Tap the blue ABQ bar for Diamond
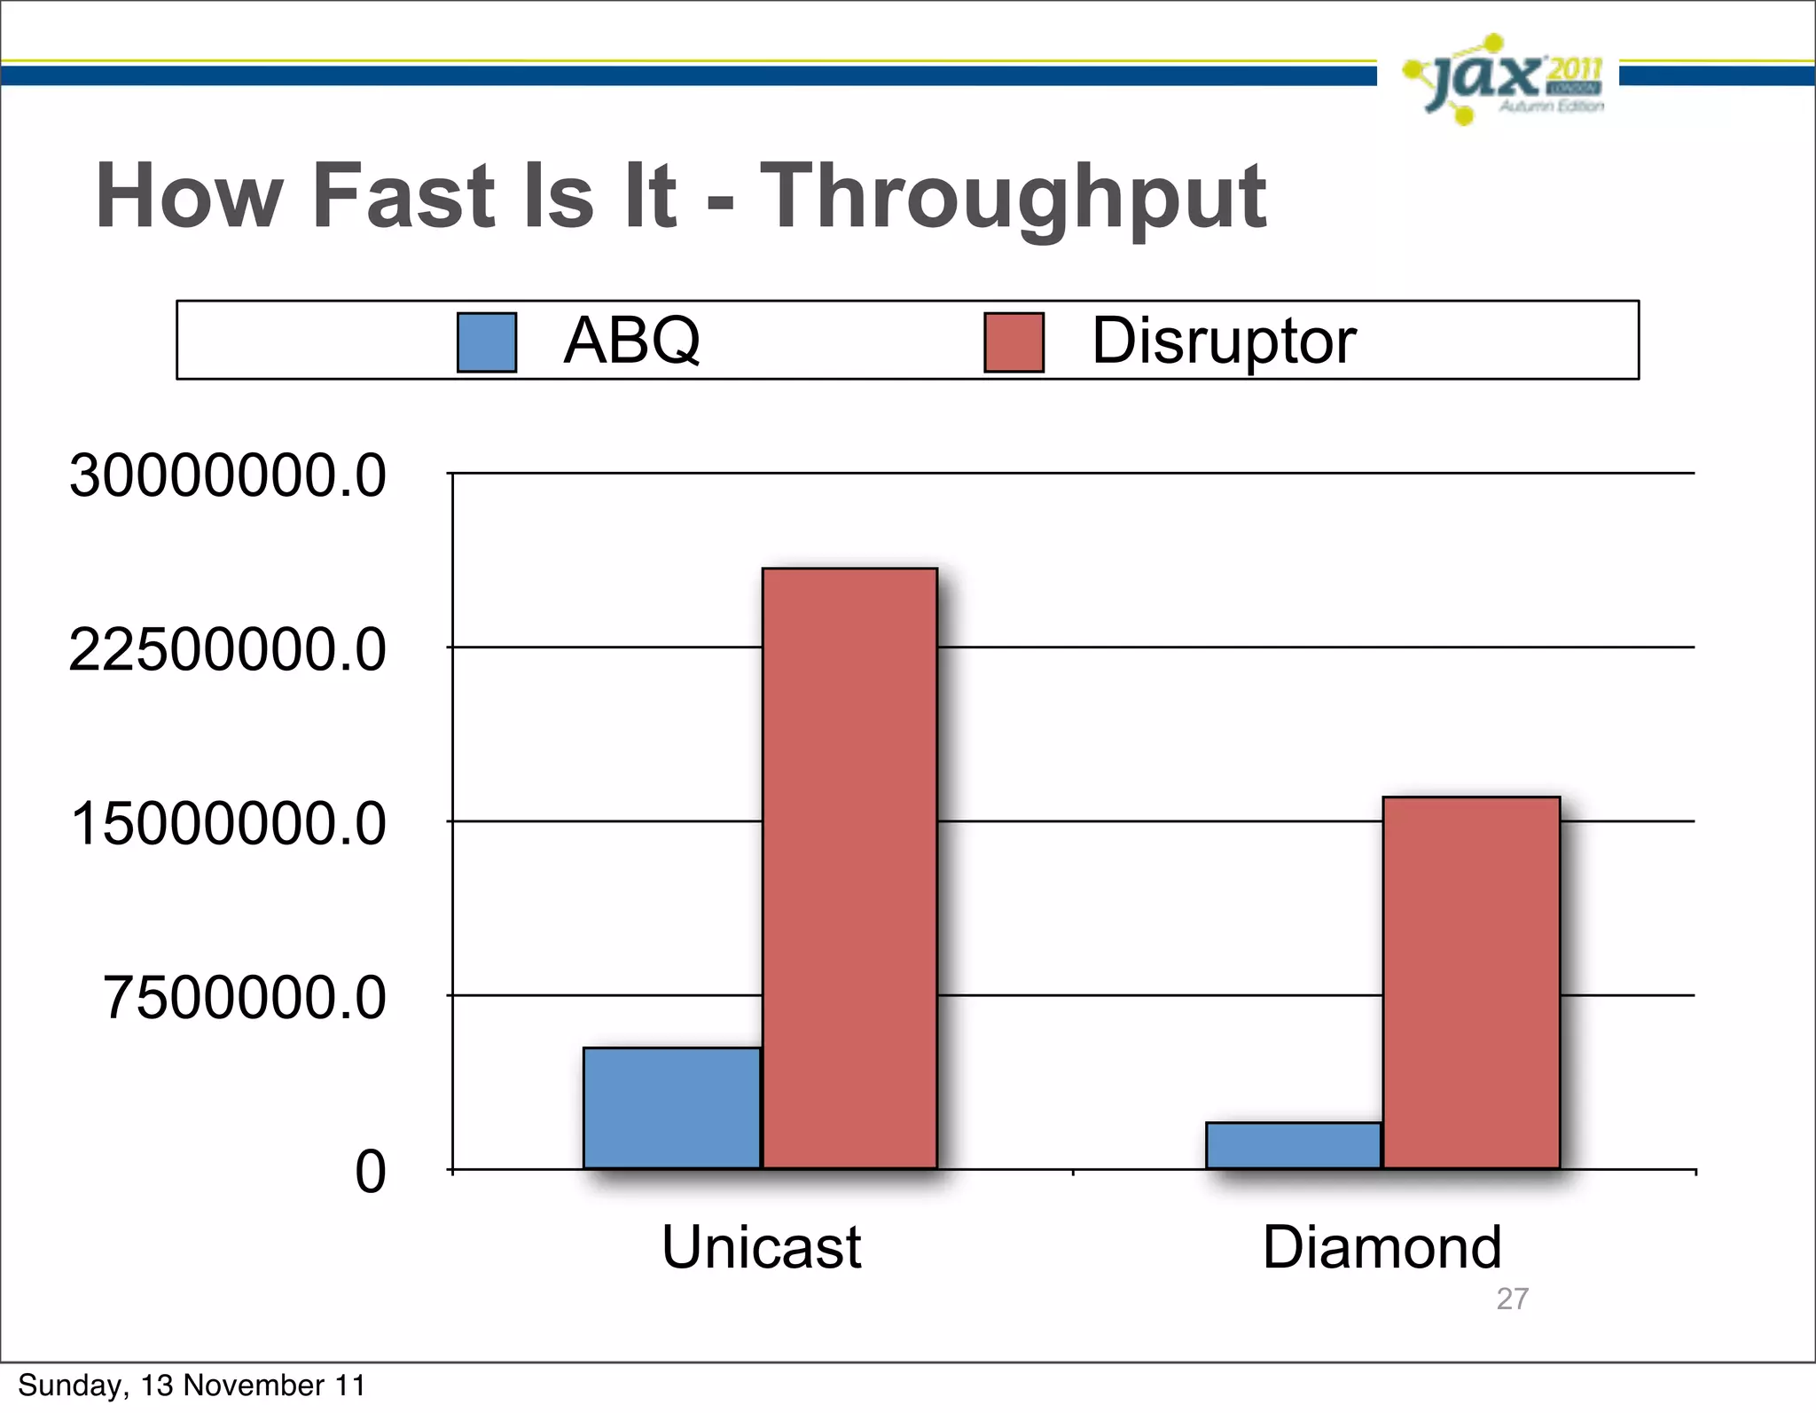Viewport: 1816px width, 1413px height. point(1293,1145)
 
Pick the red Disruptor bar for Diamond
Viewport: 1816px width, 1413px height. point(1471,982)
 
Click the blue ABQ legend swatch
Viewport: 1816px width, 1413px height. point(487,341)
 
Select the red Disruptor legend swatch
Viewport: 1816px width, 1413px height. point(1014,341)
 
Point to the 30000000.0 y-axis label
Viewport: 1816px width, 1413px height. point(228,476)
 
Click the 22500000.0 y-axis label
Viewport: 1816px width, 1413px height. point(228,650)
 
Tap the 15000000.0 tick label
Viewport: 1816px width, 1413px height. point(228,824)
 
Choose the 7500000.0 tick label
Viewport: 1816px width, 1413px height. point(245,998)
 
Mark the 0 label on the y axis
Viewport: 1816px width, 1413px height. point(371,1172)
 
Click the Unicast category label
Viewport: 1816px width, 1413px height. point(761,1247)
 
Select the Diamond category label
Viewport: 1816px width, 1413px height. point(1382,1247)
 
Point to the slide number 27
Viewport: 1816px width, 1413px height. point(1512,1299)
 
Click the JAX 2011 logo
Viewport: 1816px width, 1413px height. point(1503,80)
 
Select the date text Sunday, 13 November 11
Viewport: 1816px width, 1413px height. point(192,1386)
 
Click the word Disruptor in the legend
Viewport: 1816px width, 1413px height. point(1223,341)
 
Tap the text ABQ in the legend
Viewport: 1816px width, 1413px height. point(631,341)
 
